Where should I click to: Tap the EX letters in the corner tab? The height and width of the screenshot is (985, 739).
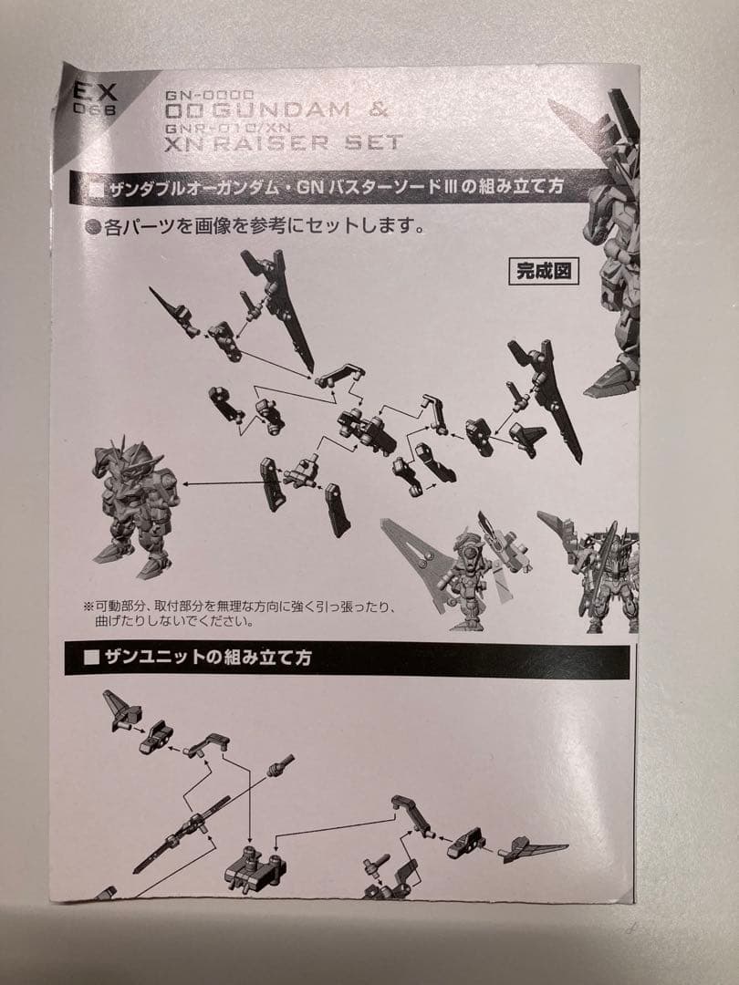92,91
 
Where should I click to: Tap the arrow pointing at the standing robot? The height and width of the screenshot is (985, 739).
219,482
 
